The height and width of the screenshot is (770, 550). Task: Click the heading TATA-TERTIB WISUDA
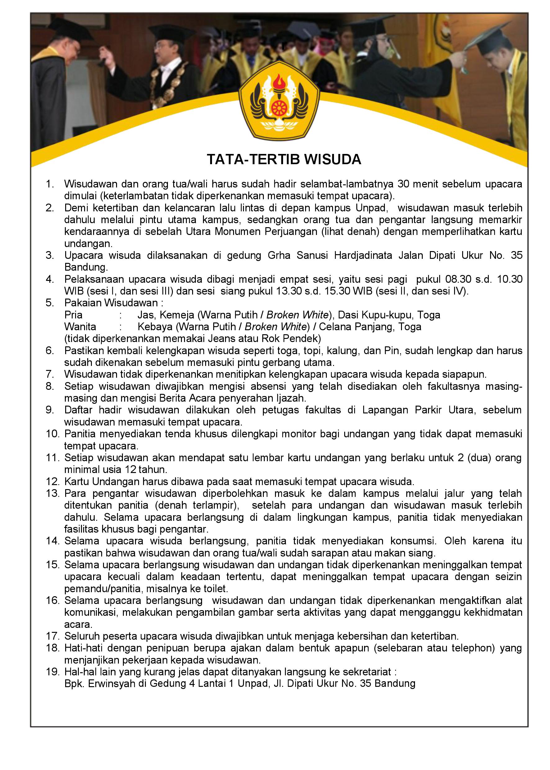coord(284,160)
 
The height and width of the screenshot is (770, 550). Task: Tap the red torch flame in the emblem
coord(279,81)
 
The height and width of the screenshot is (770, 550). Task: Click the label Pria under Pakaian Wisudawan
coord(74,315)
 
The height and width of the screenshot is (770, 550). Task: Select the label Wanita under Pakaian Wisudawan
coord(80,327)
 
